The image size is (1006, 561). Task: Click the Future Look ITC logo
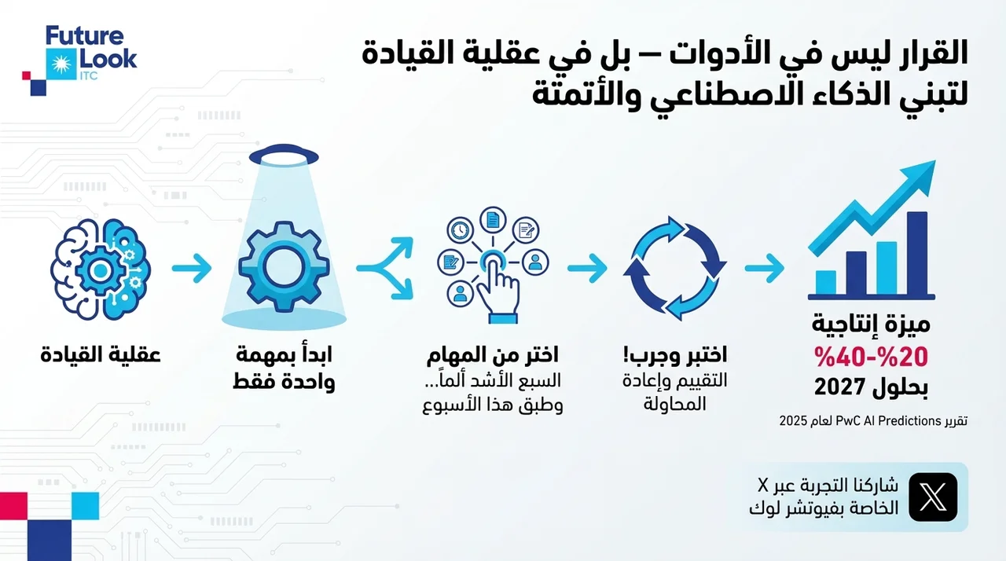pos(79,60)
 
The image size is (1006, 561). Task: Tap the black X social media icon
pos(933,497)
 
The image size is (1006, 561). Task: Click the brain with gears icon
pos(101,269)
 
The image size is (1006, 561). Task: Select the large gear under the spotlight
pos(284,266)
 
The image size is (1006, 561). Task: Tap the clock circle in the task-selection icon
pos(460,230)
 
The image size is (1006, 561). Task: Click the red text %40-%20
pos(872,357)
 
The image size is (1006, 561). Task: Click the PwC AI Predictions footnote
pos(873,421)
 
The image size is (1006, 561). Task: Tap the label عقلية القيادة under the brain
pos(101,355)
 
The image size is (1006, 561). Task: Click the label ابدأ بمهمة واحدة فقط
pos(284,368)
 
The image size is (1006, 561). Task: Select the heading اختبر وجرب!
pos(675,355)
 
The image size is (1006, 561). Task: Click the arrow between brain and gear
pos(192,269)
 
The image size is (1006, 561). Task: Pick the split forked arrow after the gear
pos(385,269)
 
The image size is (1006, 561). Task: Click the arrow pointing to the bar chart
pos(765,269)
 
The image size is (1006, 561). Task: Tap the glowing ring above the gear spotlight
pos(284,156)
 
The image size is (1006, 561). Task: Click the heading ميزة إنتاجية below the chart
pos(872,324)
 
